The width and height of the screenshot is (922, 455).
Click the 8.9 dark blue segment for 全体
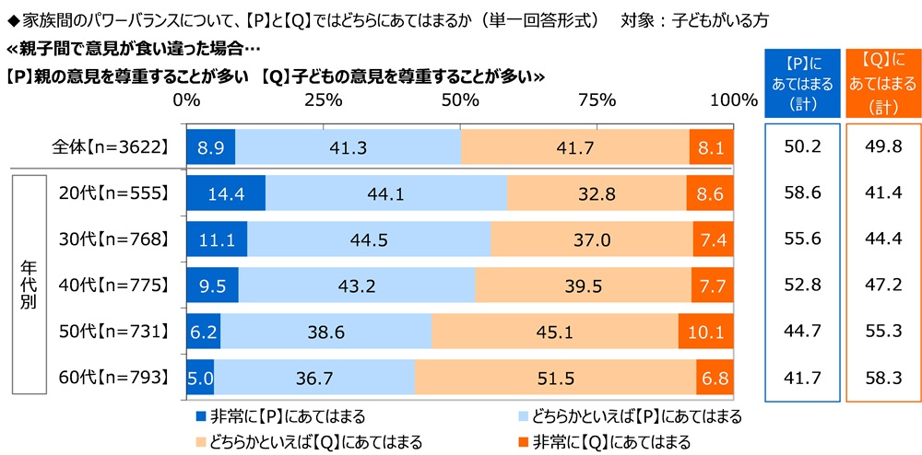click(x=210, y=147)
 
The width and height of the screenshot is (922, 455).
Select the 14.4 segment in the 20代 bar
click(x=225, y=193)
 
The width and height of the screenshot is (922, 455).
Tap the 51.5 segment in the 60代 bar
click(x=555, y=376)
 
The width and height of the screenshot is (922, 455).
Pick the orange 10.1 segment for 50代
click(x=705, y=331)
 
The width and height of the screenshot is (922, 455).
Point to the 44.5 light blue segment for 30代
click(x=369, y=239)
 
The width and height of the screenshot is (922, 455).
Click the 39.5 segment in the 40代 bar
click(x=583, y=285)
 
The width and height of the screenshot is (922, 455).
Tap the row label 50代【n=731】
click(x=112, y=331)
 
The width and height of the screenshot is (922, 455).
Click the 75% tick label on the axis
click(x=597, y=99)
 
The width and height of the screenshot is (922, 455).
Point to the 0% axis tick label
click(x=187, y=99)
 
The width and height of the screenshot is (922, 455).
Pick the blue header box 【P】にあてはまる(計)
click(x=801, y=83)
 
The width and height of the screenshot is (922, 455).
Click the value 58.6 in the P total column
click(x=801, y=193)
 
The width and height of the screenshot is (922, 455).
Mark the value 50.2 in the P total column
click(x=801, y=147)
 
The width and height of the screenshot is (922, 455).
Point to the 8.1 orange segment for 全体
click(x=712, y=147)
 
